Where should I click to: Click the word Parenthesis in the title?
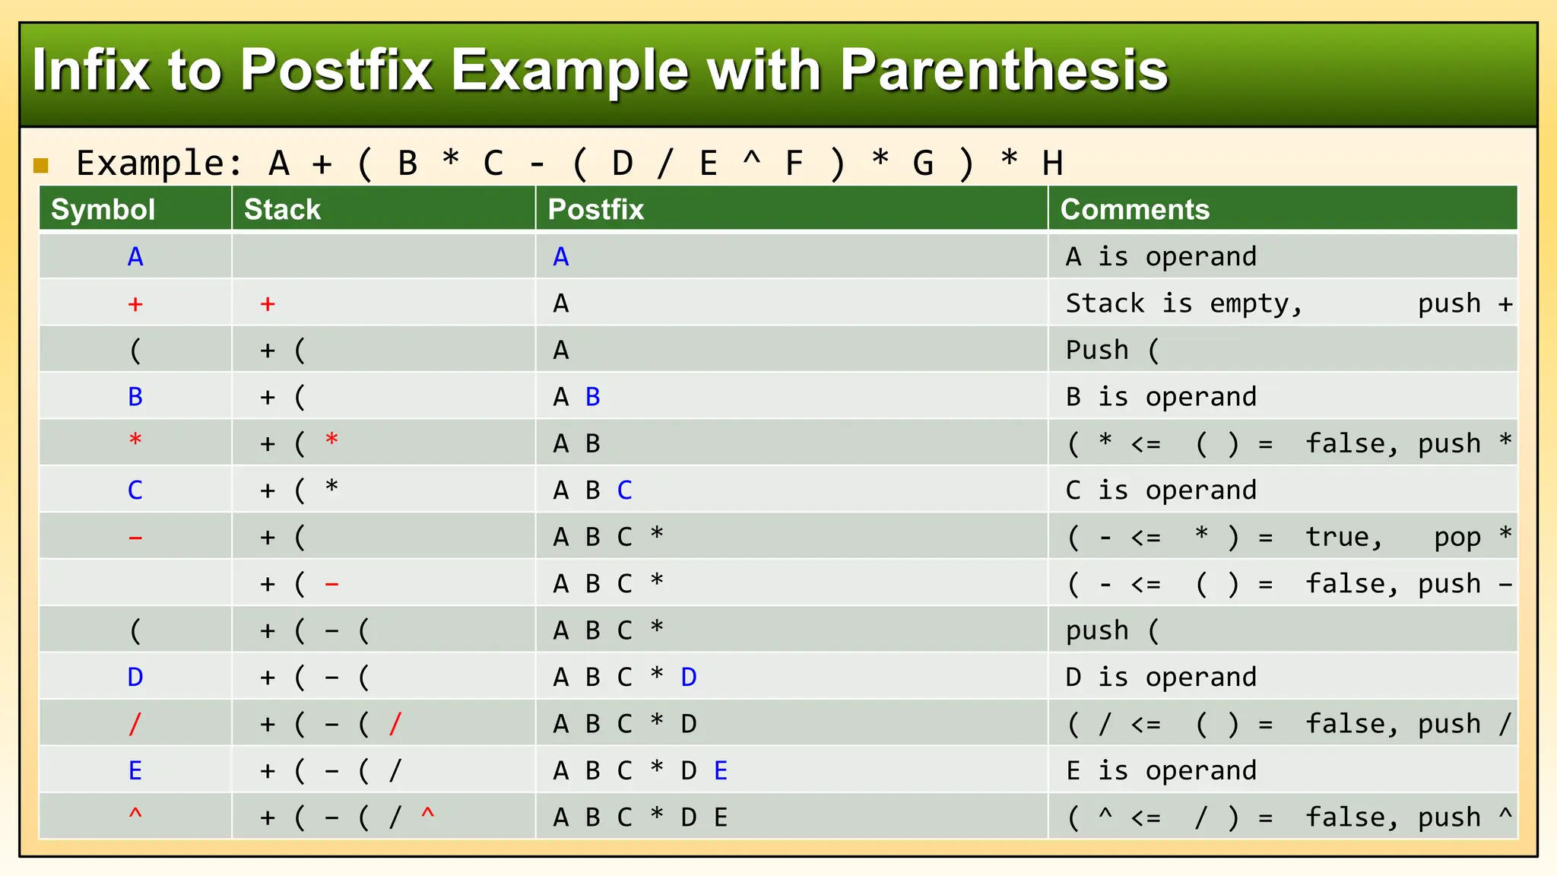[1004, 70]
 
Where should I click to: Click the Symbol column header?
[103, 209]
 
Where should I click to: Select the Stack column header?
[282, 209]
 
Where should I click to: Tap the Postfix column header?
[595, 209]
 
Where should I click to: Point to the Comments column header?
[1134, 209]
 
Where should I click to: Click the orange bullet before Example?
[41, 165]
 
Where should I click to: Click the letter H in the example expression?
[1052, 163]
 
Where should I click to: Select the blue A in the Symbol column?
[135, 257]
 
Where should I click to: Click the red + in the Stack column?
[267, 304]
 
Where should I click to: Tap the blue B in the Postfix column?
[592, 397]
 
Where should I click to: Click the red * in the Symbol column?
[135, 441]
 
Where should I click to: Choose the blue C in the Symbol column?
[135, 490]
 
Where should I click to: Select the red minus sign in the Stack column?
[331, 585]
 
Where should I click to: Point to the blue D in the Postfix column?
[688, 677]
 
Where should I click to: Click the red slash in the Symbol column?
[135, 724]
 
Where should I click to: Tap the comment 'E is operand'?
[1160, 771]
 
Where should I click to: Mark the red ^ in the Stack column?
[427, 815]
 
